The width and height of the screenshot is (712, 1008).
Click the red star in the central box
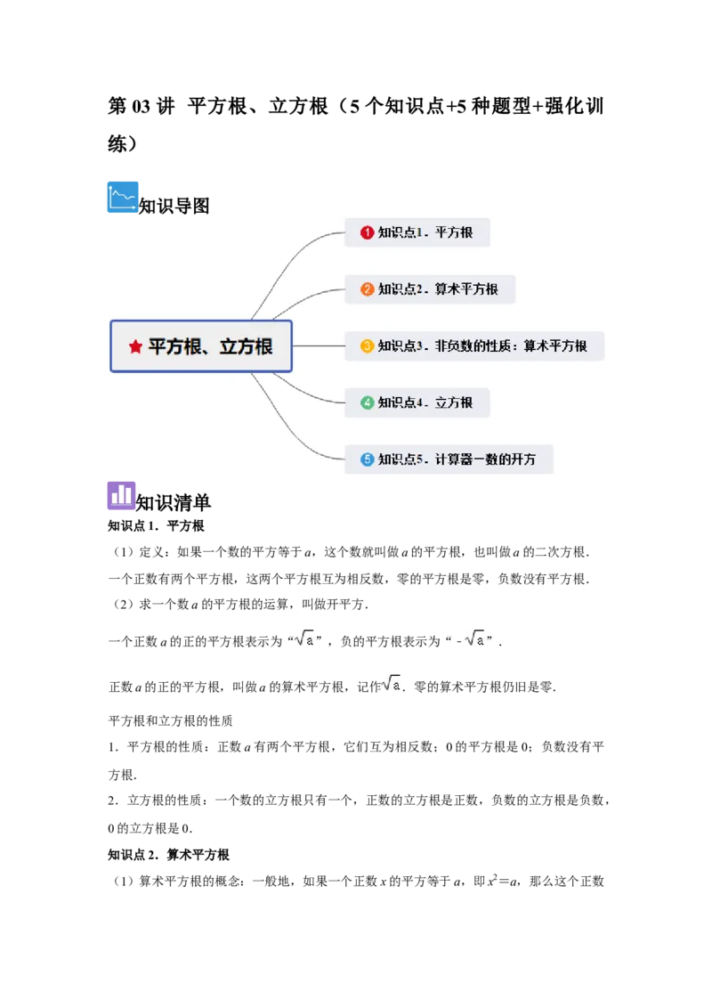pos(135,346)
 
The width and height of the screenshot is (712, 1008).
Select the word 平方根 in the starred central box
pos(174,346)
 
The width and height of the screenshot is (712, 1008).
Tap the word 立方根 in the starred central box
pos(246,346)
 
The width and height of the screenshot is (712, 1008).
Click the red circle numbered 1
pos(367,232)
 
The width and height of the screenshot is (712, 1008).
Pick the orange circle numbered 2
pos(367,289)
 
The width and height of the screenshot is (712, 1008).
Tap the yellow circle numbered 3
pos(367,345)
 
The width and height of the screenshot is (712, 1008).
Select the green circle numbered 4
pos(367,402)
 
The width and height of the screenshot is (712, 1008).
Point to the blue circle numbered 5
pos(367,459)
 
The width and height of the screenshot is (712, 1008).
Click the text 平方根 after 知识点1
pos(454,232)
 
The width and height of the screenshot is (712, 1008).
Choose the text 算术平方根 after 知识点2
pos(466,289)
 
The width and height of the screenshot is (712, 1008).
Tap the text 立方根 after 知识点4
pos(454,402)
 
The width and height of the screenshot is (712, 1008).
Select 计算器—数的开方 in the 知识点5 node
pos(486,459)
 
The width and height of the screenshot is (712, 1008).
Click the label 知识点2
pos(398,289)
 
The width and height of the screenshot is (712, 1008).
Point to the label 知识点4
pos(398,402)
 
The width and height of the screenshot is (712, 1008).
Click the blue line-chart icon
pos(123,196)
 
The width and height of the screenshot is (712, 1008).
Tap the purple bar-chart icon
pos(123,495)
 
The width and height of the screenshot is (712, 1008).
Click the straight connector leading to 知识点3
pos(319,345)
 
